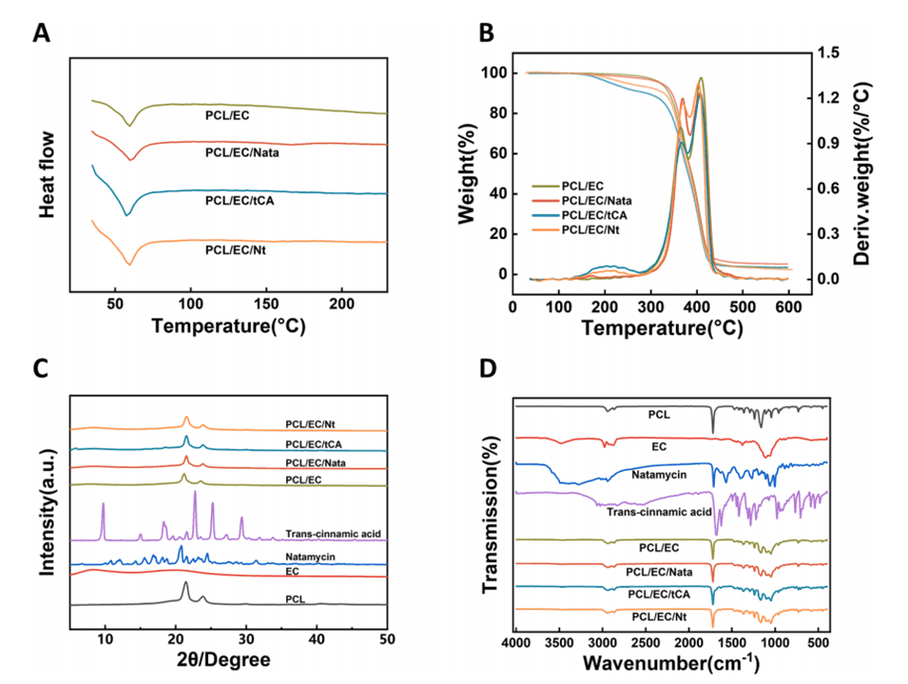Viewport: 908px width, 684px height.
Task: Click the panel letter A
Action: pos(42,34)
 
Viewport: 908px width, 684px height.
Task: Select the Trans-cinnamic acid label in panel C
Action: pos(333,534)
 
